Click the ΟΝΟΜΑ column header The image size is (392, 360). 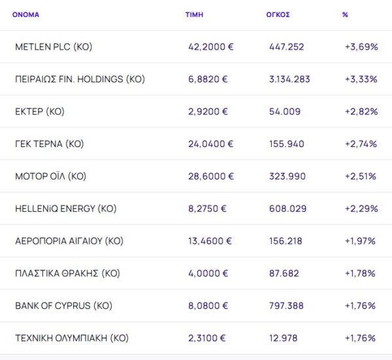coord(26,14)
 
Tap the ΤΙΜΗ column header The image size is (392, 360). coord(194,14)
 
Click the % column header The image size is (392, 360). coord(345,14)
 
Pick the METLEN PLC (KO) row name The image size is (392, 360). coord(54,47)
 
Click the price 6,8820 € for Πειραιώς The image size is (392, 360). coord(208,79)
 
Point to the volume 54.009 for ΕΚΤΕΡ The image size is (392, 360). coord(285,112)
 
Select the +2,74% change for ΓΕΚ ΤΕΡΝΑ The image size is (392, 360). coord(361,144)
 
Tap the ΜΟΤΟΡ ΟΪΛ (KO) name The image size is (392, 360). coord(50,176)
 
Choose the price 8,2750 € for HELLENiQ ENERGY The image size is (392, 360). coord(208,208)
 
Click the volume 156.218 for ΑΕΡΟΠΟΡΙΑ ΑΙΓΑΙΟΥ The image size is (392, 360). coord(286,241)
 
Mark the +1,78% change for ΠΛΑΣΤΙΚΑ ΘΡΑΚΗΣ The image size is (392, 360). coord(360,273)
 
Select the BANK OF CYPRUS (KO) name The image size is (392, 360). coord(63,306)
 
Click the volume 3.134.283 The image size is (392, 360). coord(289,79)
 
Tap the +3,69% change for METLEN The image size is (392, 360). coord(361,47)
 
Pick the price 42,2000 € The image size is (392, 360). coord(210,47)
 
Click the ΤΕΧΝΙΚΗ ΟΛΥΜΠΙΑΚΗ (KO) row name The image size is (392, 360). coord(71,338)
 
